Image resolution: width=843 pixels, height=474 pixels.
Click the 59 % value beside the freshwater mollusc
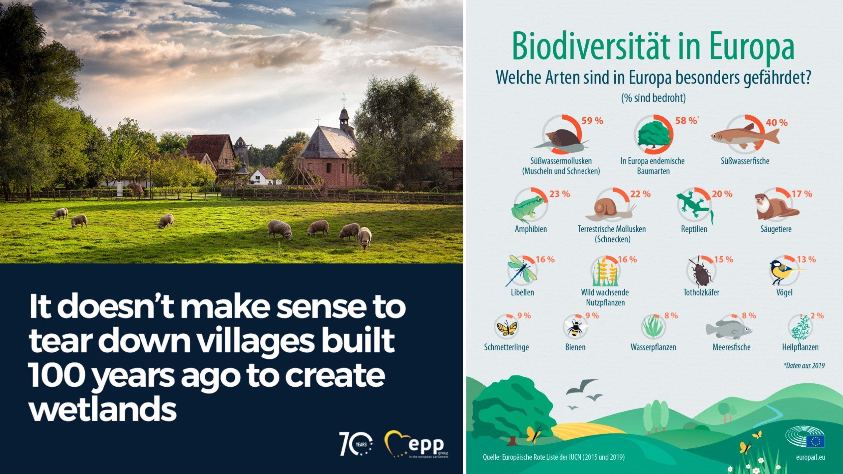pyautogui.click(x=592, y=121)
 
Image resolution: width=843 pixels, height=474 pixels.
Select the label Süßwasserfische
pyautogui.click(x=745, y=161)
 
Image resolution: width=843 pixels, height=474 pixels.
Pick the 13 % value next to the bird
pyautogui.click(x=806, y=259)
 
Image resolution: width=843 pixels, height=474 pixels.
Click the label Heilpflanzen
pyautogui.click(x=800, y=347)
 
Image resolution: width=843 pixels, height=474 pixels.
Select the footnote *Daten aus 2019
pyautogui.click(x=804, y=365)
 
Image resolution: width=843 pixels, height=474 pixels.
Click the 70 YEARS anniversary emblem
pyautogui.click(x=356, y=444)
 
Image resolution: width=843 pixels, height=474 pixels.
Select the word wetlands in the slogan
pyautogui.click(x=103, y=408)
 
